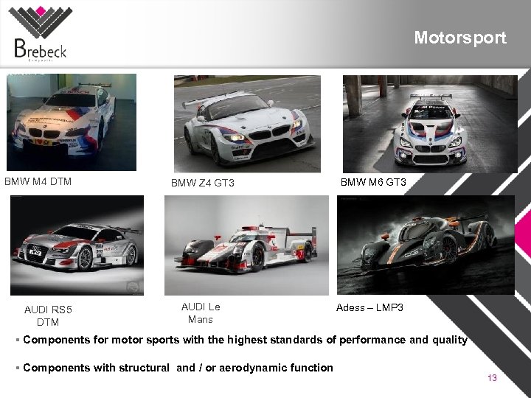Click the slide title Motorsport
pos(459,38)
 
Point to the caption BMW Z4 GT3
pos(203,183)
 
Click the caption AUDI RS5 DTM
pos(48,315)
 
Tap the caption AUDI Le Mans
pos(201,313)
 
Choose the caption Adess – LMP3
pos(369,307)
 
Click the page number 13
pos(492,378)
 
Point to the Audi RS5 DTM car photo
pos(77,245)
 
